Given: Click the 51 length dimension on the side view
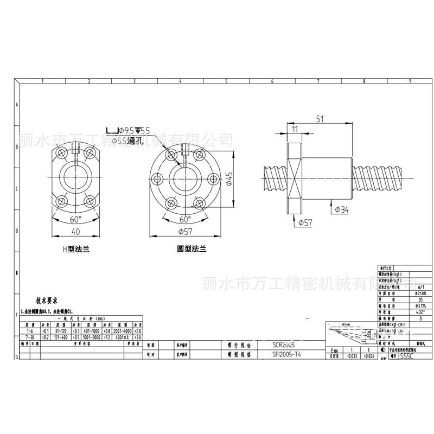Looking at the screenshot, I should [320, 119].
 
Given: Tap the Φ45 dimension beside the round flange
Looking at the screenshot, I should [229, 180].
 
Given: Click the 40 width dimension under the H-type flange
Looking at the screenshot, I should [75, 232].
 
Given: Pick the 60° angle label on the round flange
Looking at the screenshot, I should [185, 220].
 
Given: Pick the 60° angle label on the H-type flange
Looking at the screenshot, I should [75, 219].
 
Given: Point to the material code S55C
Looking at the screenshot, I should [406, 357].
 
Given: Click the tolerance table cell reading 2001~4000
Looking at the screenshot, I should [124, 330].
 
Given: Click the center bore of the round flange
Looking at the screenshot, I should [185, 180].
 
